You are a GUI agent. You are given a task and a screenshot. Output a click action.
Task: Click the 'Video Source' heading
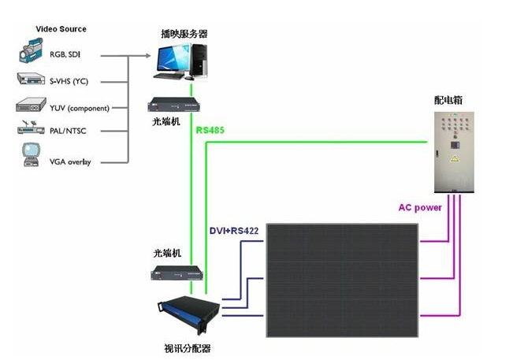pyautogui.click(x=61, y=29)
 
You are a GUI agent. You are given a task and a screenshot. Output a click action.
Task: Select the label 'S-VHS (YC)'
pyautogui.click(x=69, y=80)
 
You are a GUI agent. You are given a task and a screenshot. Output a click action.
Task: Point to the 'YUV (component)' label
pyautogui.click(x=80, y=108)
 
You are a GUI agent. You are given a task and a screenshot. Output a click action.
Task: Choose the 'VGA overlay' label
pyautogui.click(x=70, y=162)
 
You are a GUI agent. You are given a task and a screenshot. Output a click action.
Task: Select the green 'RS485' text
pyautogui.click(x=210, y=130)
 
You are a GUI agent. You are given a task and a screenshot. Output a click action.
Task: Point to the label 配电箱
pyautogui.click(x=448, y=100)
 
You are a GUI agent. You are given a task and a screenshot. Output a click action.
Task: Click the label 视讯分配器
pyautogui.click(x=187, y=347)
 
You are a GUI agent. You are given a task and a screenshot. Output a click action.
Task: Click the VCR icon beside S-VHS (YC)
pyautogui.click(x=32, y=80)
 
